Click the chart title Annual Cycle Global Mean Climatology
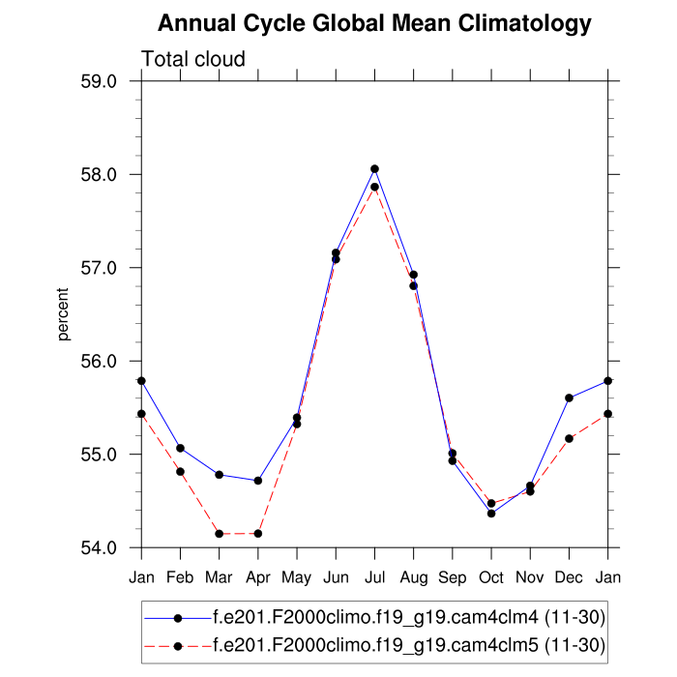[374, 22]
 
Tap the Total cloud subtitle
[193, 59]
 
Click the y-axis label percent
[64, 314]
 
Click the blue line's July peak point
[374, 169]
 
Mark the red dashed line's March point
[220, 534]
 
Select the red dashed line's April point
[258, 534]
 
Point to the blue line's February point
[180, 448]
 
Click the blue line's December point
[569, 397]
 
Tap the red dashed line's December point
[569, 438]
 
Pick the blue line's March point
[220, 475]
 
